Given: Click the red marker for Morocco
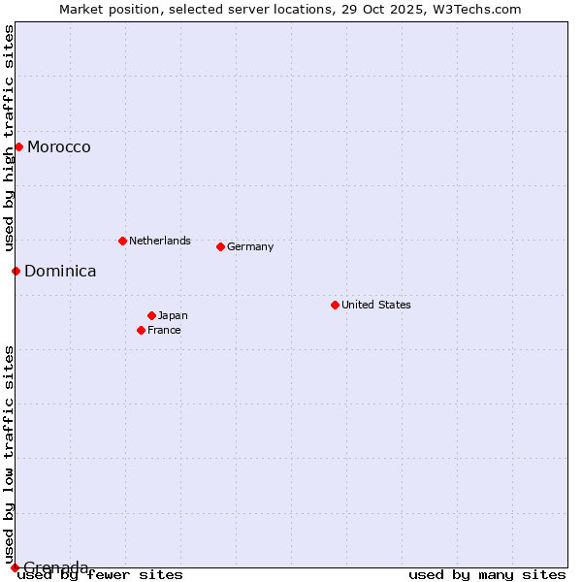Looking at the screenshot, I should click(18, 146).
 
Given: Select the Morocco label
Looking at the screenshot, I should click(59, 147).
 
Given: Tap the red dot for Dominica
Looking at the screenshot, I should click(16, 271).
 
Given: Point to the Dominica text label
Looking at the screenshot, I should click(60, 272).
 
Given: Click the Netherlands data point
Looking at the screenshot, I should click(122, 241).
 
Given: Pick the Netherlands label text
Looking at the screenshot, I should click(160, 241).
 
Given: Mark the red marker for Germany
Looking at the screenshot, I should click(220, 246).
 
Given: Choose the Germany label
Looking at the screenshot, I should click(250, 246).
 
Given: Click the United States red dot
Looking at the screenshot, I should click(335, 305).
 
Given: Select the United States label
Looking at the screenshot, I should click(376, 305).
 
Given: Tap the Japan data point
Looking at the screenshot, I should click(151, 315).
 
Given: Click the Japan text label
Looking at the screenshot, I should click(173, 315).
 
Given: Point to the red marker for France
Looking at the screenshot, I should click(141, 330).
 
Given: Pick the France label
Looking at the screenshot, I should click(164, 330).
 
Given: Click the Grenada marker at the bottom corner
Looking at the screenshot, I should click(15, 567).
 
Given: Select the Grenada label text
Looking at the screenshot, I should click(56, 567).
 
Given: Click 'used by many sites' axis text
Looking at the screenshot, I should click(487, 575).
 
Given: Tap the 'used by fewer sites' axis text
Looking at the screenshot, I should click(101, 575).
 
